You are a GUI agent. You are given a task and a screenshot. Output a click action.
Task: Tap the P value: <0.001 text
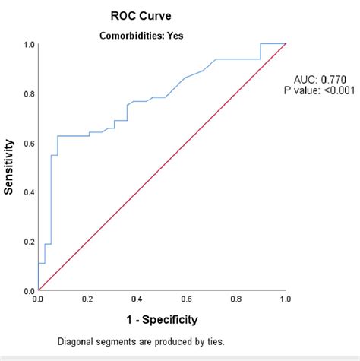[x=324, y=92]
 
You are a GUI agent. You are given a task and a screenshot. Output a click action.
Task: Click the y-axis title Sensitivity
[x=10, y=166]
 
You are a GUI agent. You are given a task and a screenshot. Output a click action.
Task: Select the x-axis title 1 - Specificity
[x=161, y=319]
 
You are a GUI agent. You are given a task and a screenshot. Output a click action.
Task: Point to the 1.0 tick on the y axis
[x=28, y=44]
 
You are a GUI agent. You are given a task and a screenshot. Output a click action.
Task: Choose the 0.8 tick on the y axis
[x=28, y=93]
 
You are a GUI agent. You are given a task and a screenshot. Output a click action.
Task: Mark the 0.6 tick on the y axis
[x=28, y=143]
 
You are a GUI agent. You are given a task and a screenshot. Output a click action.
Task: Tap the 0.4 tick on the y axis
[x=28, y=192]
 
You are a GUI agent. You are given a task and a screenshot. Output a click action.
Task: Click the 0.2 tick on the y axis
[x=28, y=242]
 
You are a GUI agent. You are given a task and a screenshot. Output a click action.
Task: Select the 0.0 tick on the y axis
[x=28, y=290]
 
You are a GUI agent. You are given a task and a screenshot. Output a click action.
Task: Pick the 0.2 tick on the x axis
[x=87, y=301]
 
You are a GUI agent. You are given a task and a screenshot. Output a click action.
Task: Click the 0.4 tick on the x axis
[x=137, y=301]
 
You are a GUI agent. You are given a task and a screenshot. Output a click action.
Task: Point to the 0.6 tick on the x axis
[x=186, y=301]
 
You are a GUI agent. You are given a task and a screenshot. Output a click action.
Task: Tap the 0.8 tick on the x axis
[x=235, y=301]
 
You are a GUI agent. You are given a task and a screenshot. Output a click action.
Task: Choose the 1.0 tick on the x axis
[x=285, y=301]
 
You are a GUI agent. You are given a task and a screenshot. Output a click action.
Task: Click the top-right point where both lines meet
[x=285, y=44]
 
